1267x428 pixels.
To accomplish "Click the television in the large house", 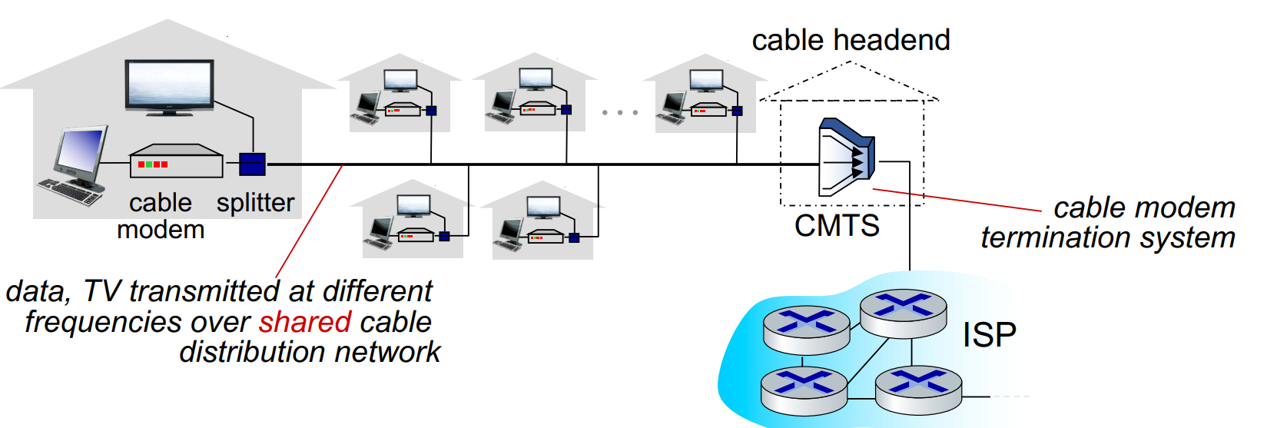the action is (x=169, y=88).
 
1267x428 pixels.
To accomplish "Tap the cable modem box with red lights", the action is (x=176, y=161).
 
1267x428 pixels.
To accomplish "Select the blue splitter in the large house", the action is (x=252, y=164).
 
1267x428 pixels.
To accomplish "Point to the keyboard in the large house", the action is (x=70, y=192).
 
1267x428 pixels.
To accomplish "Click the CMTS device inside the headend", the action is (x=847, y=158).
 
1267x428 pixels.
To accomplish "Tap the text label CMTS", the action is (x=837, y=226).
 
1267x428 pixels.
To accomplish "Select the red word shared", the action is (x=306, y=322).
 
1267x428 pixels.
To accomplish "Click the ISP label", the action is (x=990, y=335).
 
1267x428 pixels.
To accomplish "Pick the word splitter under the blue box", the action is (x=256, y=203).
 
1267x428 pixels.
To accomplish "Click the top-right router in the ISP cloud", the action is (x=904, y=314).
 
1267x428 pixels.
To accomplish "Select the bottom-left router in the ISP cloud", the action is (x=804, y=390).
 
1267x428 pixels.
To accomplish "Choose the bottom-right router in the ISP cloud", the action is (x=919, y=390).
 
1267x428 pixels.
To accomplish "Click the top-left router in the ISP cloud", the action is (x=807, y=330).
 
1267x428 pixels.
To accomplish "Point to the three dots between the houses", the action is (x=620, y=112).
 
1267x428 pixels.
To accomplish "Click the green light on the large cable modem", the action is (x=149, y=164).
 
